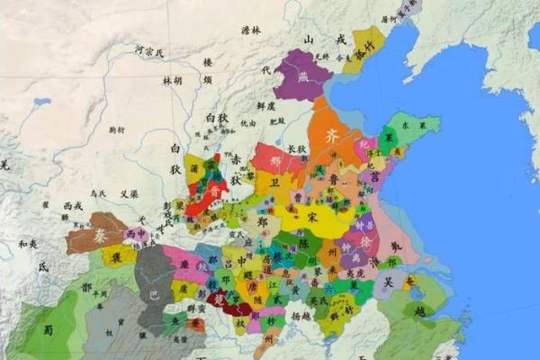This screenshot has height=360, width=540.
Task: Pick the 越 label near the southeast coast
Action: click(419, 310)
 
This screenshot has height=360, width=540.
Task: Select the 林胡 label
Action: click(172, 80)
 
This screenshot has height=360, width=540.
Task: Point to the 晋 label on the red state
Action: click(212, 192)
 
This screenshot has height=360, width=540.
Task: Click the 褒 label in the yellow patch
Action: click(118, 257)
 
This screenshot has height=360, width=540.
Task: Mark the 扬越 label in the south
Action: click(301, 317)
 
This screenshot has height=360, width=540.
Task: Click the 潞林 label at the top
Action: click(251, 30)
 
